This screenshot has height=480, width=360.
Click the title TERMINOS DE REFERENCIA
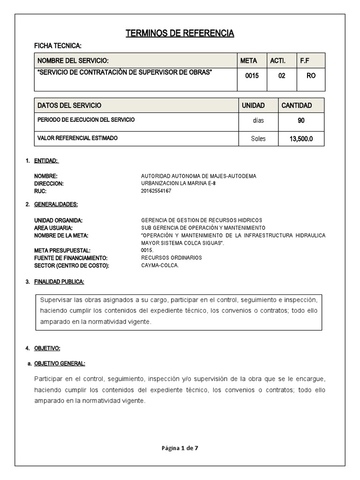click(180, 33)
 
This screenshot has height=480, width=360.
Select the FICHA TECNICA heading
click(58, 46)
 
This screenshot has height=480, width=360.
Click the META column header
click(248, 60)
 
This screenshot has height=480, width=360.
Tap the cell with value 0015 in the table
click(252, 75)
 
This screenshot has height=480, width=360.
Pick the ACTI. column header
click(277, 60)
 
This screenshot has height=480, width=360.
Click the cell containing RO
click(311, 75)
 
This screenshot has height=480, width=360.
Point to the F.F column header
click(305, 60)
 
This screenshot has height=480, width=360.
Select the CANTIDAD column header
click(296, 105)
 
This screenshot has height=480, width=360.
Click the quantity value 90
click(301, 120)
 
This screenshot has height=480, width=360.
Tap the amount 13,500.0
click(301, 139)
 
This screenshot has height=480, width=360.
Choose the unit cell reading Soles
click(258, 139)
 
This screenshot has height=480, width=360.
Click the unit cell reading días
click(258, 120)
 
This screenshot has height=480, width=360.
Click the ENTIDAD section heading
click(46, 161)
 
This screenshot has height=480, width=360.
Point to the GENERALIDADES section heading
click(56, 204)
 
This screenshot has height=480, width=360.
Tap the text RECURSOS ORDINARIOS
click(171, 258)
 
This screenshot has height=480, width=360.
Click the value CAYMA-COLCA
click(160, 265)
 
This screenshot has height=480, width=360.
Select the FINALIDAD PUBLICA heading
click(59, 282)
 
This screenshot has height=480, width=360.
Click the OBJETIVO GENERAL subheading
click(60, 364)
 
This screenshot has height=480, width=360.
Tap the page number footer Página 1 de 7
click(180, 448)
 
